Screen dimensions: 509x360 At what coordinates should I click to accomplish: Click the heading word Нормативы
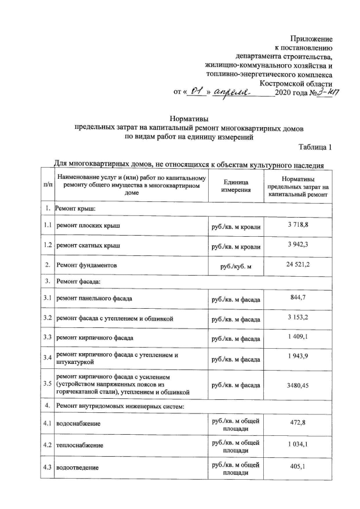(189, 119)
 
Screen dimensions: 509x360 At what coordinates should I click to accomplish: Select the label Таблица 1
(316, 147)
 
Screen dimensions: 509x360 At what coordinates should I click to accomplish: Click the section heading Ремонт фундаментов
(86, 264)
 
